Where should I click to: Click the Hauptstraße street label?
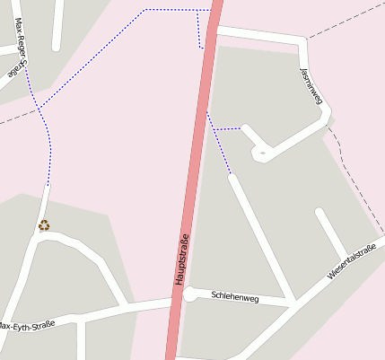182,259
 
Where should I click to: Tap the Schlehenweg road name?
234,297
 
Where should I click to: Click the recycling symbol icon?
44,225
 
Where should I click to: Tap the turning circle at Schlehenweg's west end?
190,294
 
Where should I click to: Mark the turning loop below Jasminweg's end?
262,154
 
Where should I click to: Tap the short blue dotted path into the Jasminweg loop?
228,129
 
